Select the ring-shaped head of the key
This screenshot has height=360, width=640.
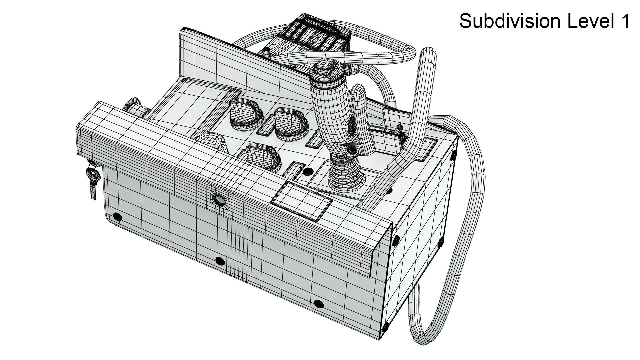[92, 174]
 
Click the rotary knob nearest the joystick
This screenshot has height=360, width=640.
[287, 122]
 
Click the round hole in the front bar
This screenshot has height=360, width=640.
[219, 200]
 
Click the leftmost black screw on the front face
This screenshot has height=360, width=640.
[117, 217]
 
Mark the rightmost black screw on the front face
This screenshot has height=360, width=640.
[319, 304]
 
